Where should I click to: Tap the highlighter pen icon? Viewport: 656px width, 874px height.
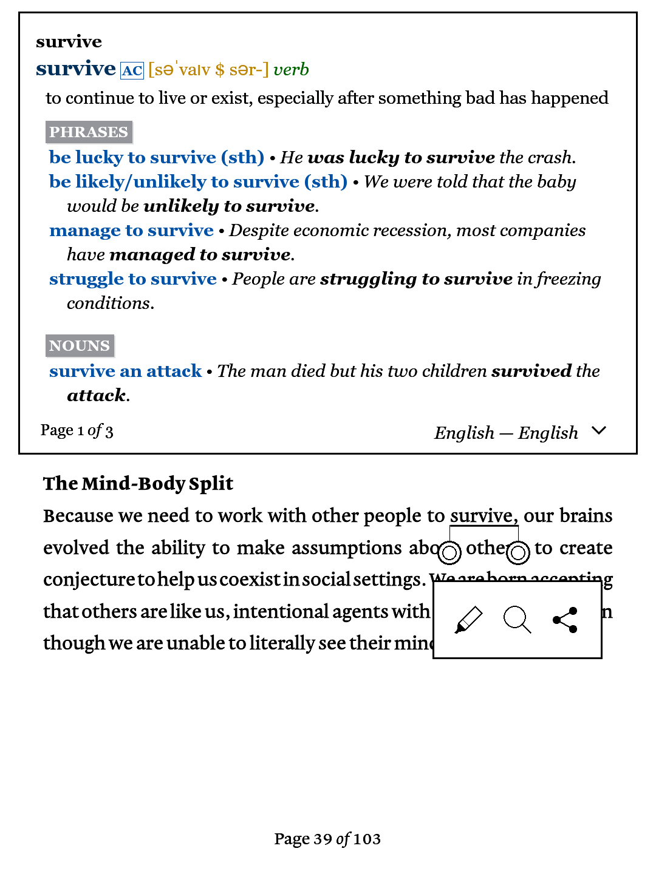coord(468,620)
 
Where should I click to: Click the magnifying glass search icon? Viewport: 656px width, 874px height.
coord(517,620)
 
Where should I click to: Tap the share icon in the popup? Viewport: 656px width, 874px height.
coord(565,620)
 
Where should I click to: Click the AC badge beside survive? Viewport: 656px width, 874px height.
coord(132,71)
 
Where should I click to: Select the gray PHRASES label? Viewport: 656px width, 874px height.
coord(89,132)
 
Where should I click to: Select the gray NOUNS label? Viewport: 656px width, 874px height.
coord(80,345)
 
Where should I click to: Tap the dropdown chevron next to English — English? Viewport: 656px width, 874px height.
coord(599,431)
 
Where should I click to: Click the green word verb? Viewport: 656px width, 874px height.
coord(291,70)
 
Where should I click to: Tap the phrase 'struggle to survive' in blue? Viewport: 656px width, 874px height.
coord(132,279)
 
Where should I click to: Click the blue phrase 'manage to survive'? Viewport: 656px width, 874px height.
coord(131,230)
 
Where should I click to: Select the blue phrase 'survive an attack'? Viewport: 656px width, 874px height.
coord(125,371)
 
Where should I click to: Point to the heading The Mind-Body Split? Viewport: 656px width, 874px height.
coord(138,483)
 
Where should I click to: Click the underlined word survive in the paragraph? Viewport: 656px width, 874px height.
coord(482,515)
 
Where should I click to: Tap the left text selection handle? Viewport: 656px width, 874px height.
coord(449,553)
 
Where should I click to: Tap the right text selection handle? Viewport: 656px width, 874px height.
coord(518,553)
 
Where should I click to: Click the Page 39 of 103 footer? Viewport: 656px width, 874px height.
coord(327,839)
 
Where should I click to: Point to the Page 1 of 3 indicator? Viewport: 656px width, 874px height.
coord(77,430)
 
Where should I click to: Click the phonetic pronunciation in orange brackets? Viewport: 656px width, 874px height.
coord(208,70)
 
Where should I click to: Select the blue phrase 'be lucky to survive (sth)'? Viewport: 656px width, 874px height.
coord(156,157)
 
